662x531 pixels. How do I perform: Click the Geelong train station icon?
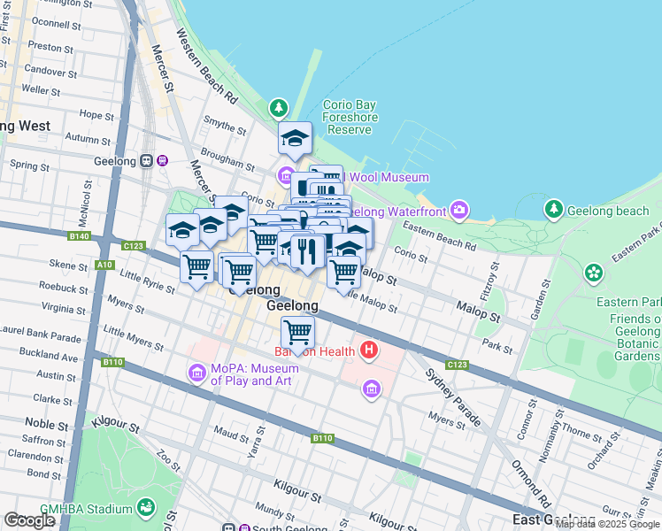tap(163, 161)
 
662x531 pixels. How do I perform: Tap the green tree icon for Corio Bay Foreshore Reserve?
tap(280, 107)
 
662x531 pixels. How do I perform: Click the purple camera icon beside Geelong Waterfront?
tap(459, 210)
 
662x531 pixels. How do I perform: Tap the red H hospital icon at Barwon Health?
tap(369, 350)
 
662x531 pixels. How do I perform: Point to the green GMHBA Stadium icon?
tap(145, 509)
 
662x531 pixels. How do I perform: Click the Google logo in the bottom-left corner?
tap(29, 520)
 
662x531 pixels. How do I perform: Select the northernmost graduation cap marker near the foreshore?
tap(295, 138)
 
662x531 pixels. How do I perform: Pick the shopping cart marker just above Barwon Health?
tap(298, 333)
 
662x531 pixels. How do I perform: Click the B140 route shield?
tap(80, 236)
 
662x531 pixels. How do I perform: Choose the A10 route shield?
tap(104, 265)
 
